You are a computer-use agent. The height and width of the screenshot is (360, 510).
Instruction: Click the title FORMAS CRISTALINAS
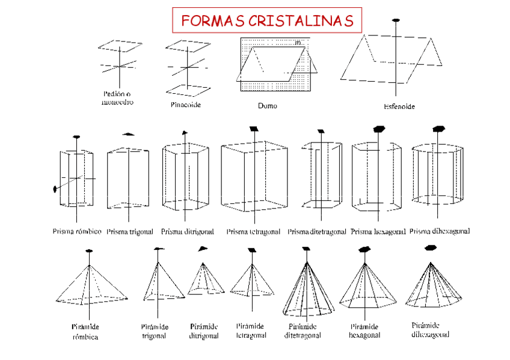[x=267, y=21]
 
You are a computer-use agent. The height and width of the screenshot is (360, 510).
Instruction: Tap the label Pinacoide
[x=185, y=105]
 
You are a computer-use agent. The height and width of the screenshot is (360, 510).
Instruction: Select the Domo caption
[x=268, y=105]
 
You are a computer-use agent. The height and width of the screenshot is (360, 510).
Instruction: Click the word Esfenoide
[x=399, y=106]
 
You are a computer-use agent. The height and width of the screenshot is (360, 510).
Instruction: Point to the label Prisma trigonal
[x=130, y=231]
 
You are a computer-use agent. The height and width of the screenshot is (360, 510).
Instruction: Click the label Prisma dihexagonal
[x=440, y=231]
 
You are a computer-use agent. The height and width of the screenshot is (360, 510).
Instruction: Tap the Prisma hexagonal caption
[x=378, y=231]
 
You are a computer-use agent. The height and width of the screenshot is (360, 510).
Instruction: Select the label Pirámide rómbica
[x=85, y=331]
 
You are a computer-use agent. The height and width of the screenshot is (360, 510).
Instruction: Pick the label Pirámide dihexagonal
[x=430, y=330]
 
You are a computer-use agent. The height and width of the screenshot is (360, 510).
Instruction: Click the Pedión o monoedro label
[x=118, y=98]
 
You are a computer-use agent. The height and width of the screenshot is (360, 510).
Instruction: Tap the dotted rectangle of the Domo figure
[x=247, y=84]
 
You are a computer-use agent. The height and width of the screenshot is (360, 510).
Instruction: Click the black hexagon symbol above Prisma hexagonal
[x=379, y=129]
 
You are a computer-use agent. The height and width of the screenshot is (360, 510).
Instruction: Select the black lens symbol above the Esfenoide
[x=395, y=20]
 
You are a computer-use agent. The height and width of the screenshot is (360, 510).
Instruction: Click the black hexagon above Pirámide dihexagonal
[x=430, y=248]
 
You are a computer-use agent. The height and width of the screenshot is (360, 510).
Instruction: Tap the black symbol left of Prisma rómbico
[x=55, y=189]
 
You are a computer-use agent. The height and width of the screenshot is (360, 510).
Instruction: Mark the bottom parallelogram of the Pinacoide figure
[x=188, y=90]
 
